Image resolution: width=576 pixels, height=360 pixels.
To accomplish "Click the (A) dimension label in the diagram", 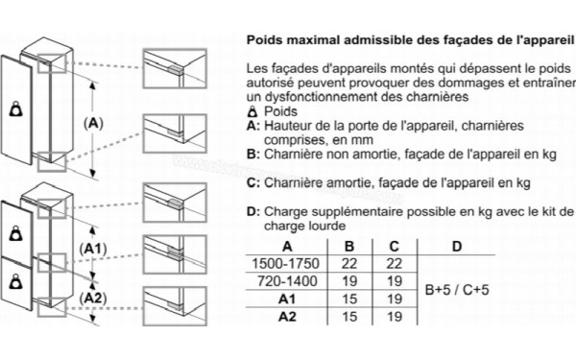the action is pos(94,123).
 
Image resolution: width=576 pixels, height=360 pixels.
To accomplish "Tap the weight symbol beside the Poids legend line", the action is pos(252,112).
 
